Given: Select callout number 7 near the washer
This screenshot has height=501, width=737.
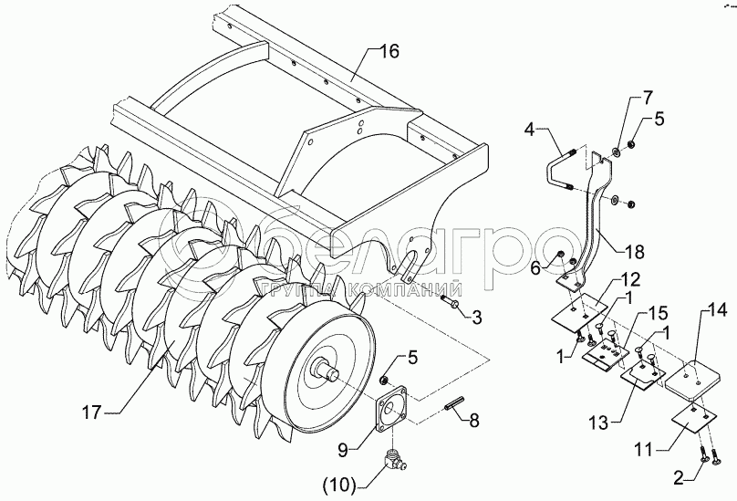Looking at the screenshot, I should pyautogui.click(x=647, y=96).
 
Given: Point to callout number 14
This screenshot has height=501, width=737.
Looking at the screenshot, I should pyautogui.click(x=718, y=312).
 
